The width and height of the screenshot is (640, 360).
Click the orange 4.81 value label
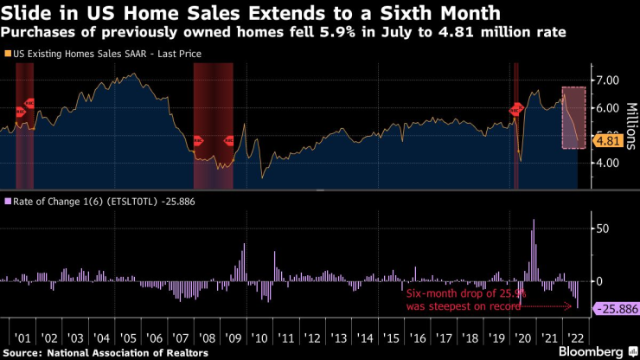[608, 140]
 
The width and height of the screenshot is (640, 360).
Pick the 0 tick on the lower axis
[596, 281]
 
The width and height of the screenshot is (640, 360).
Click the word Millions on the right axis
[629, 122]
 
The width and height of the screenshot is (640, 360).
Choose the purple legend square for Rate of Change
[8, 202]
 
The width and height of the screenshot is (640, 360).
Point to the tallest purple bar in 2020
[534, 250]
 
